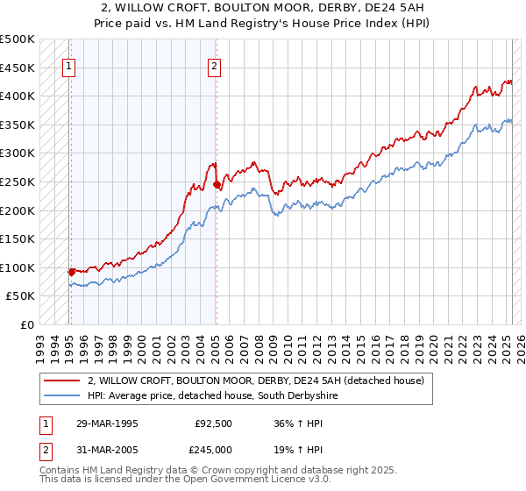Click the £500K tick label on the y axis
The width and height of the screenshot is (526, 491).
point(18,39)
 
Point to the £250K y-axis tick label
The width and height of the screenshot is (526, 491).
point(18,181)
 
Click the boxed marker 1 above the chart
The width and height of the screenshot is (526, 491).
point(68,64)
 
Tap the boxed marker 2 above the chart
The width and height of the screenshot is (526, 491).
point(214,64)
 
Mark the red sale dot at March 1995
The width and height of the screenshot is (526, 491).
point(71,272)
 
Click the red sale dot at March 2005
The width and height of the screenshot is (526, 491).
point(217,185)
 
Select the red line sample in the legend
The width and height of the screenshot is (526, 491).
point(62,381)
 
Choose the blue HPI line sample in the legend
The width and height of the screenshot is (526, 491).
point(62,396)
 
